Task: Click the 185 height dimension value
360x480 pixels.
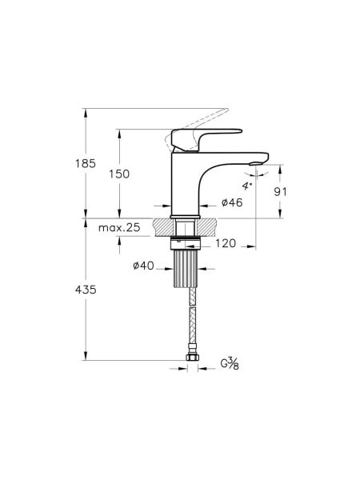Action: pos(87,163)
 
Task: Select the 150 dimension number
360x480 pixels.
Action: pos(118,174)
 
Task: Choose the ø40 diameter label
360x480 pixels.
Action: pos(144,266)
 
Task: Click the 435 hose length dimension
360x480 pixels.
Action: pos(87,290)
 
